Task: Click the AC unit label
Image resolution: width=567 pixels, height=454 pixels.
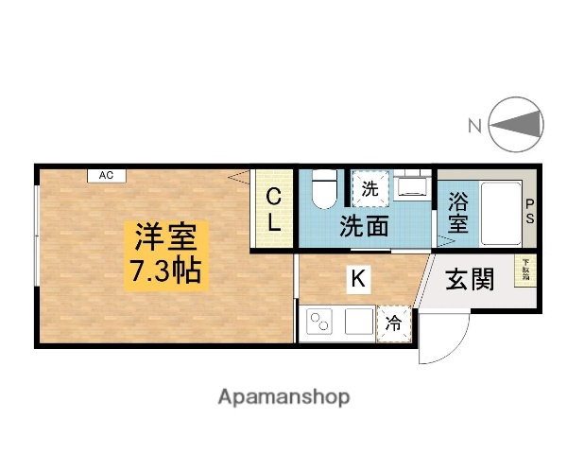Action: [107, 175]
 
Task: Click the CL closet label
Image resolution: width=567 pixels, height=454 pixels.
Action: [272, 210]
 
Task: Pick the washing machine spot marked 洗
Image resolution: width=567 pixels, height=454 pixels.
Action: [369, 187]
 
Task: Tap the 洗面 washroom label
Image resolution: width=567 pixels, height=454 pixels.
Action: [365, 225]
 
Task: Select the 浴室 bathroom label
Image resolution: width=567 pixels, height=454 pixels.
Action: [458, 213]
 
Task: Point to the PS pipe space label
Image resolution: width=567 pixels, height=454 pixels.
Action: [529, 210]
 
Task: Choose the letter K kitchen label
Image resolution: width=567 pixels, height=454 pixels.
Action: [357, 278]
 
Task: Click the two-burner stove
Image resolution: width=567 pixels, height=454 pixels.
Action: [318, 323]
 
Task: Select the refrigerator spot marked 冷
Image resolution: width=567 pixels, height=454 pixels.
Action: [395, 323]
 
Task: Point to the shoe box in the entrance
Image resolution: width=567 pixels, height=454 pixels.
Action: [523, 270]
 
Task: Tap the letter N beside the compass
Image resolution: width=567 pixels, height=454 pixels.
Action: [475, 124]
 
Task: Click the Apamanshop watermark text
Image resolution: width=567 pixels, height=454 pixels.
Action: [283, 397]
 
